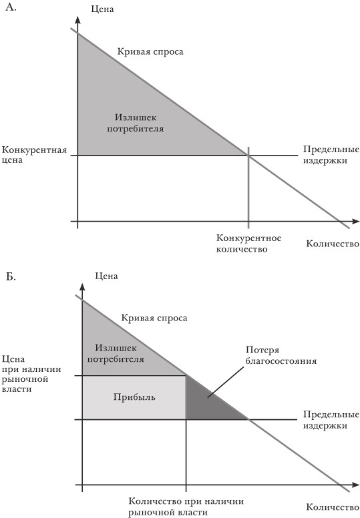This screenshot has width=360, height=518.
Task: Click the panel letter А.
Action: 11,7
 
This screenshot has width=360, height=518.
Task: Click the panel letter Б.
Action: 11,276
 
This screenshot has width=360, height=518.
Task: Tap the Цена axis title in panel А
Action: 102,9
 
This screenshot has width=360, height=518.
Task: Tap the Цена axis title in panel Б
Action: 106,276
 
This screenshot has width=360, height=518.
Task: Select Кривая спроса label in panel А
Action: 150,51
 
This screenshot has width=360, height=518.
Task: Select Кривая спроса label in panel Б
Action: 154,318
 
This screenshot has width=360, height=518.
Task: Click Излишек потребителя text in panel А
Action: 136,123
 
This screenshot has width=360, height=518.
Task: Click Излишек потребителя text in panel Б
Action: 116,353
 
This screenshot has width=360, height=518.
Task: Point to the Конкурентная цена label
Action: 34,155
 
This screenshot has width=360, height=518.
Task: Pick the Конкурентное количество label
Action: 248,243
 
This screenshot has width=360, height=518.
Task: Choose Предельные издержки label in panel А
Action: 331,155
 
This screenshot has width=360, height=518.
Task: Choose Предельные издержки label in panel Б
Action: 331,420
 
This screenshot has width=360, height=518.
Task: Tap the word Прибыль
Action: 134,397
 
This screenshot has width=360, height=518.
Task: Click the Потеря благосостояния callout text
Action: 281,355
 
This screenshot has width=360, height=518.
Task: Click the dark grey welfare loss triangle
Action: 206,403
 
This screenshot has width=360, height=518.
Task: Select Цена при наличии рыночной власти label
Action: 32,374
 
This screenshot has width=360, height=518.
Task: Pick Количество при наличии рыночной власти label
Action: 186,507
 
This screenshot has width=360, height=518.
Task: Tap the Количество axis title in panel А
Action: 333,244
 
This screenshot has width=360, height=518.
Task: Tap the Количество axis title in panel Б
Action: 333,507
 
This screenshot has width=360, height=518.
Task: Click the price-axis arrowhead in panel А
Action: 77,19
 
